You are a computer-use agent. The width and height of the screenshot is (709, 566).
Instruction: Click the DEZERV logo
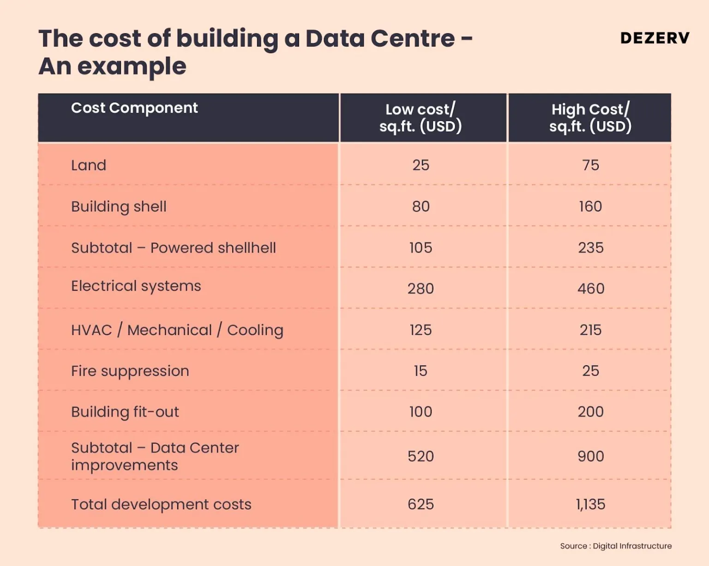[655, 38]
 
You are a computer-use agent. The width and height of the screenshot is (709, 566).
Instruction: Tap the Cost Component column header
[134, 108]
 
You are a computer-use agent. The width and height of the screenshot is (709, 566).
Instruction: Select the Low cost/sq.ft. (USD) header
[421, 118]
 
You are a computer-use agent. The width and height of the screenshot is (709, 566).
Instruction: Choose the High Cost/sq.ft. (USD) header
[590, 118]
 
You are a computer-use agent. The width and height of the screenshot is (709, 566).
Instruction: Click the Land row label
[89, 165]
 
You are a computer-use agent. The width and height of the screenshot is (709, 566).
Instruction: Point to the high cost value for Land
[590, 165]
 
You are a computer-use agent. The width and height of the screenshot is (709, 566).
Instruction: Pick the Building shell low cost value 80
[421, 206]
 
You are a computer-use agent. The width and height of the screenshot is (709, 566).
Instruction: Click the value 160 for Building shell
[590, 206]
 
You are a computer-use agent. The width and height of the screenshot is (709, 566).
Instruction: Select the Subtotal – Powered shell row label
[174, 248]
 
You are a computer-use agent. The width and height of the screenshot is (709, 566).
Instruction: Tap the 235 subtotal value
[590, 248]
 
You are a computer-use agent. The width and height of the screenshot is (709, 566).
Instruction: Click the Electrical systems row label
[136, 286]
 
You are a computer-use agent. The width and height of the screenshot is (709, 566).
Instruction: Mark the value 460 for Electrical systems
[590, 289]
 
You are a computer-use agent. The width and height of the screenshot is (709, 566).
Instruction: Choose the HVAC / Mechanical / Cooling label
[177, 330]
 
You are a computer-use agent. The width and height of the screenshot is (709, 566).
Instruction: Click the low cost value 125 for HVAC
[421, 330]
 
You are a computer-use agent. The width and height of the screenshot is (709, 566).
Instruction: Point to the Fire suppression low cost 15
[421, 371]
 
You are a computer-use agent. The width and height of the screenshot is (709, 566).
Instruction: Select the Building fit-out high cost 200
[590, 412]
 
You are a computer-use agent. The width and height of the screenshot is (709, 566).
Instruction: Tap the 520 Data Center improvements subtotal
[421, 457]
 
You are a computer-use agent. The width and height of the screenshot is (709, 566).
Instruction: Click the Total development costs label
[161, 505]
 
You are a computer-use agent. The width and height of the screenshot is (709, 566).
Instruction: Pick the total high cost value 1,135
[590, 505]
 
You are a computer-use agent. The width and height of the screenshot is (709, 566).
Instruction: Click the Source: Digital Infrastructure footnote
[616, 546]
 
